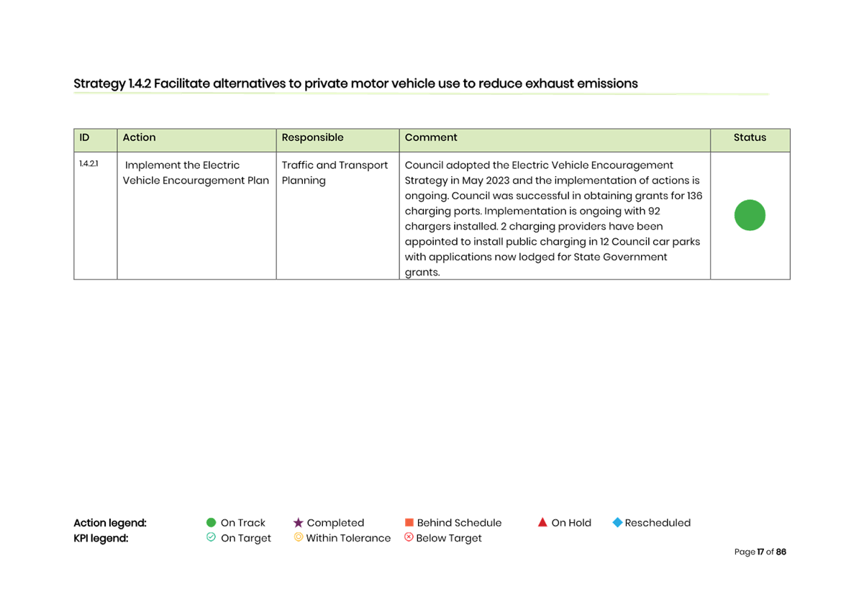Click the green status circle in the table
pyautogui.click(x=750, y=215)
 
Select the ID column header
pyautogui.click(x=84, y=137)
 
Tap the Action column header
pyautogui.click(x=139, y=137)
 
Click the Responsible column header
pyautogui.click(x=312, y=137)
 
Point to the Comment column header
pyautogui.click(x=431, y=137)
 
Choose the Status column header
pyautogui.click(x=750, y=137)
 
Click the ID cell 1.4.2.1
pyautogui.click(x=88, y=164)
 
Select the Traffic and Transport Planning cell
pyautogui.click(x=335, y=173)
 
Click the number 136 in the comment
pyautogui.click(x=695, y=196)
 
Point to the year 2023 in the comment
pyautogui.click(x=497, y=181)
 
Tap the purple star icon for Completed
pyautogui.click(x=298, y=523)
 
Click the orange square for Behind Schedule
pyautogui.click(x=409, y=522)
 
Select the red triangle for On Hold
pyautogui.click(x=542, y=522)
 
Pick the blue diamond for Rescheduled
pyautogui.click(x=617, y=522)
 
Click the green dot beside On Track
pyautogui.click(x=211, y=523)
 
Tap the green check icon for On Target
pyautogui.click(x=211, y=537)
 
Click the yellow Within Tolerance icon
pyautogui.click(x=298, y=537)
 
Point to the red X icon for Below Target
pyautogui.click(x=409, y=537)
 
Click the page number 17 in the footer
pyautogui.click(x=760, y=552)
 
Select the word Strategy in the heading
pyautogui.click(x=100, y=84)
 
